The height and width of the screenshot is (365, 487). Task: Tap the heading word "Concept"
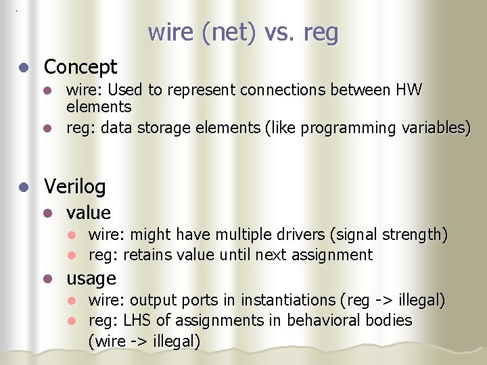point(80,67)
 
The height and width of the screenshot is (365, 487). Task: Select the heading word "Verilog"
point(74,186)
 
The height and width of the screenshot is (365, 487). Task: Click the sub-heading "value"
point(89,213)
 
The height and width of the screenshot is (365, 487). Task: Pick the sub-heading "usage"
point(91,278)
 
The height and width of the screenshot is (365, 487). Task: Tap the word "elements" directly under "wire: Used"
point(99,107)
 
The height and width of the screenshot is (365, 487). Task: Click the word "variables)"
point(436,128)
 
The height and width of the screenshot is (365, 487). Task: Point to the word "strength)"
point(415,235)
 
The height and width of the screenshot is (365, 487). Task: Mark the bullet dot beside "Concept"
point(24,68)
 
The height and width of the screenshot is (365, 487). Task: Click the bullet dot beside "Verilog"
point(24,187)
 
